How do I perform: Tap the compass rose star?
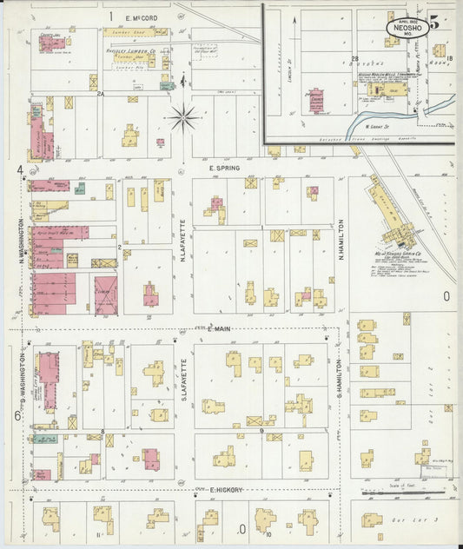[183, 116]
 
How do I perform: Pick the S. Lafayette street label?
[183, 380]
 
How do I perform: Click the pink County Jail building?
[50, 42]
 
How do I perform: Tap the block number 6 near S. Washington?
[17, 415]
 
